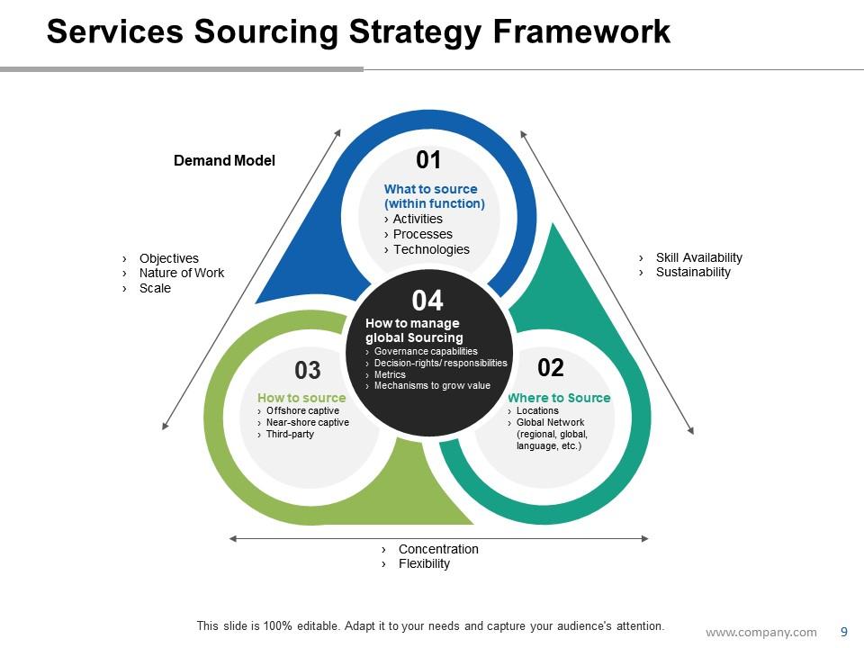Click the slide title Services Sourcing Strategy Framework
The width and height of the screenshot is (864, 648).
click(x=358, y=31)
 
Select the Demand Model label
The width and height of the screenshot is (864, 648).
click(x=224, y=161)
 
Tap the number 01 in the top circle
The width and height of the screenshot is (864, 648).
click(x=428, y=160)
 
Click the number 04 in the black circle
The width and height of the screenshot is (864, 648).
click(x=427, y=301)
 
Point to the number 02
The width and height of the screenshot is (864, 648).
click(x=550, y=367)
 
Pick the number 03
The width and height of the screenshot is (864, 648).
click(x=308, y=370)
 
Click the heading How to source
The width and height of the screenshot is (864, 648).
click(x=301, y=398)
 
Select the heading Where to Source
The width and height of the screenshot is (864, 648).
click(x=559, y=398)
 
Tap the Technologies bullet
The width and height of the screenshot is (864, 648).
click(x=431, y=249)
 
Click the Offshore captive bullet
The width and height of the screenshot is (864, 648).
click(x=302, y=410)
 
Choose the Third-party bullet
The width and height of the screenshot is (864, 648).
click(x=290, y=435)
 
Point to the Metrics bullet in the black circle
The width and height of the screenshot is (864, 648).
click(x=390, y=374)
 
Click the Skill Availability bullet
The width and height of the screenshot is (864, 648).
click(x=698, y=257)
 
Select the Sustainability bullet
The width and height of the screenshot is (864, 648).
click(x=693, y=272)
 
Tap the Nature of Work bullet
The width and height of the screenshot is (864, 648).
click(x=181, y=273)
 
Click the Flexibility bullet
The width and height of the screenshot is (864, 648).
click(x=424, y=563)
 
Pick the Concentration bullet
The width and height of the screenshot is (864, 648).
click(x=438, y=549)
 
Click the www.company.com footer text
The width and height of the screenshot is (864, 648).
click(x=760, y=632)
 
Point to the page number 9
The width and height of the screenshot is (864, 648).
click(x=843, y=632)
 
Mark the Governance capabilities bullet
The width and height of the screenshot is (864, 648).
click(x=426, y=351)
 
